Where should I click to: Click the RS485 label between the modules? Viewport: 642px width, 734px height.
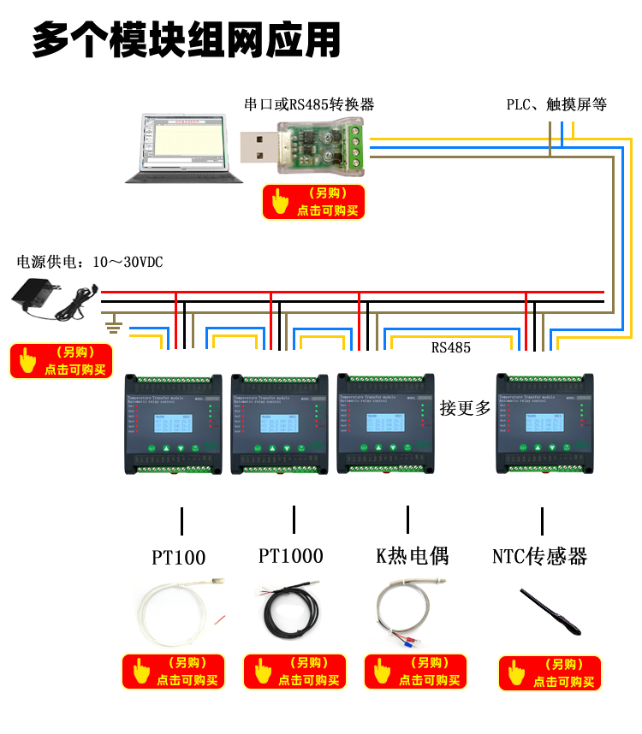[x=450, y=347]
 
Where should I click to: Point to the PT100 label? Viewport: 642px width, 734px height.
[x=179, y=558]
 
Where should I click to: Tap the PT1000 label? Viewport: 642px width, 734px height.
[x=291, y=556]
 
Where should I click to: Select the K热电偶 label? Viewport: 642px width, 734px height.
[x=412, y=556]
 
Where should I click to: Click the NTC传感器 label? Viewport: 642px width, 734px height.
[x=540, y=556]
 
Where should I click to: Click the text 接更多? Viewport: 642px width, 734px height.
[x=466, y=408]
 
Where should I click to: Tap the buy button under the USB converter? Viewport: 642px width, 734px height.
[x=314, y=202]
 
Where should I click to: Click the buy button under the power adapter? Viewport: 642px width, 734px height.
[x=62, y=361]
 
